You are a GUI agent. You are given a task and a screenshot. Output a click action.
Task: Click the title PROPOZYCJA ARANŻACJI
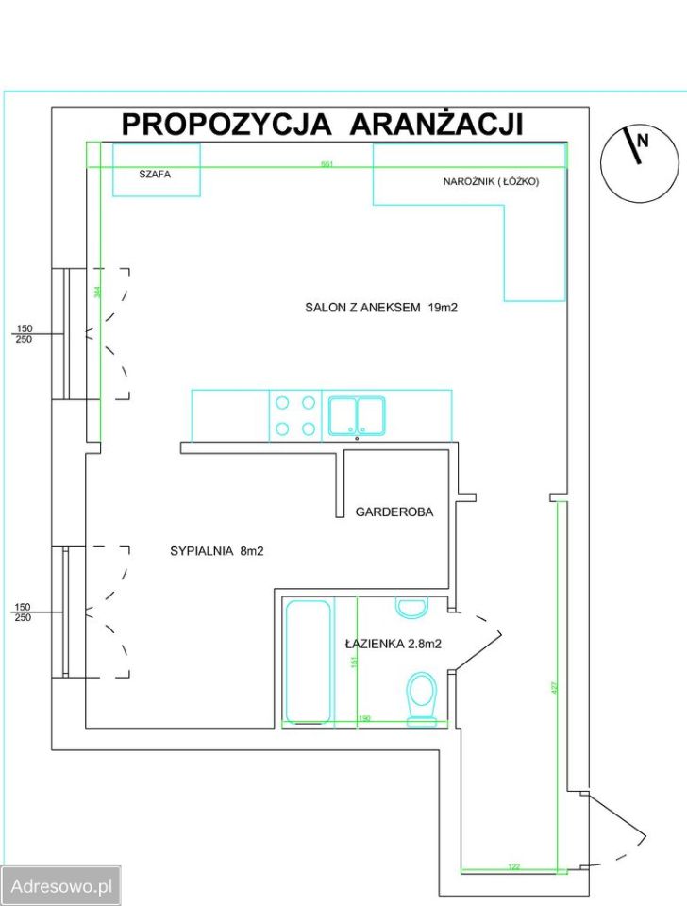point(322,124)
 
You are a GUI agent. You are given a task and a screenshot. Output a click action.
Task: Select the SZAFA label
point(155,175)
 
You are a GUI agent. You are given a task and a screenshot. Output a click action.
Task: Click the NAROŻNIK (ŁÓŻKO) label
point(491,181)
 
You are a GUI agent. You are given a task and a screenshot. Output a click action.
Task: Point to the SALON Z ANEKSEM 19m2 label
point(380,307)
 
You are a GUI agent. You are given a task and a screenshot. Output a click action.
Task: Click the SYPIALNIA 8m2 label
point(216,552)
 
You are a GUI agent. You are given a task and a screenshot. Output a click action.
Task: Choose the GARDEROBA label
point(394,512)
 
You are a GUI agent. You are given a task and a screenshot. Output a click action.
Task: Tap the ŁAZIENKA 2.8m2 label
point(394,644)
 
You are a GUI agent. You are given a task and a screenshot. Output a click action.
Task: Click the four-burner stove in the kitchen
point(294,415)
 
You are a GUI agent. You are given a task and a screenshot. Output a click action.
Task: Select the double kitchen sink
point(356,415)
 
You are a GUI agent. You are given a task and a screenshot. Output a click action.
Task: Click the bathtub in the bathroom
point(308,661)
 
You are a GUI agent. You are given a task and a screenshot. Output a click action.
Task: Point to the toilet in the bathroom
point(421,699)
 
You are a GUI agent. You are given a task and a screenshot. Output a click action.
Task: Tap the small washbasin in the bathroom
point(411,607)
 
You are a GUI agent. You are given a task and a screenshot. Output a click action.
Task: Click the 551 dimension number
point(327,164)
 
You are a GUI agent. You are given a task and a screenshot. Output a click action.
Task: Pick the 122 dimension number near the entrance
point(514,865)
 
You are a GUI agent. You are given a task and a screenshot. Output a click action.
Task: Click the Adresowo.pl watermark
point(60,886)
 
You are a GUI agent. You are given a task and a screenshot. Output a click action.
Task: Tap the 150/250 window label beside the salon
point(24,334)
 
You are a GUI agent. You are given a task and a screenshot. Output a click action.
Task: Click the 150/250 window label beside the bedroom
point(24,612)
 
